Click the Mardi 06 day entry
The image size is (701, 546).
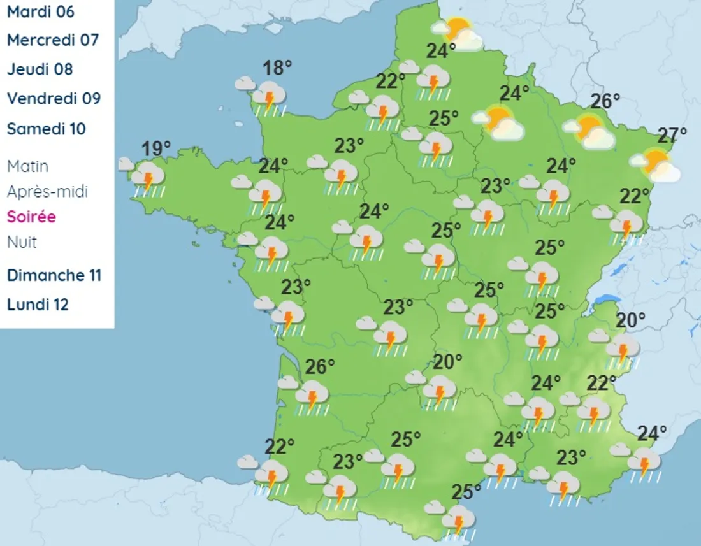coord(40,11)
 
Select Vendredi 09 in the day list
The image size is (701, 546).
coord(54,98)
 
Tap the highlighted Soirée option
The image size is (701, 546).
coord(31,217)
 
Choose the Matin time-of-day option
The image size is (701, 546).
coord(27,166)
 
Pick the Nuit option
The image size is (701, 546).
coord(22,242)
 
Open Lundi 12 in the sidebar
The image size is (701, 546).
coord(38,305)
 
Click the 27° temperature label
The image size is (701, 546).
coord(672,135)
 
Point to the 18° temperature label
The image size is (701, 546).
coord(277,68)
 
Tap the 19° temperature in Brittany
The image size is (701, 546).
coord(155,149)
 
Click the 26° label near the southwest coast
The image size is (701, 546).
coord(320,366)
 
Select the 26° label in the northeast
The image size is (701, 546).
coord(605,101)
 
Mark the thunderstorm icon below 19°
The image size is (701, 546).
coord(148,179)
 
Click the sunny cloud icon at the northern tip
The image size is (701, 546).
coord(460,34)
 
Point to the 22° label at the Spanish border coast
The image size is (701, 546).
coord(279,446)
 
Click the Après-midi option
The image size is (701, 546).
coord(47,191)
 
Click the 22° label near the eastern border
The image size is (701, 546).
coord(635,194)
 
